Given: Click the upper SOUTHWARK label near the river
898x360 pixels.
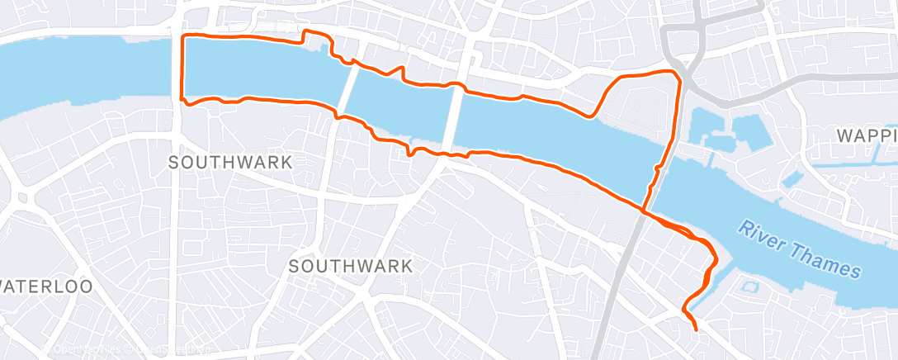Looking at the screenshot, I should point(230,162).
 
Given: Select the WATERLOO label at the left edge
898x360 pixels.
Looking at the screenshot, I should point(46,287).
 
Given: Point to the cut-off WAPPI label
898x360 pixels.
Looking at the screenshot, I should point(866,135).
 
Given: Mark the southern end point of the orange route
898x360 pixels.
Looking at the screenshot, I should point(697,329).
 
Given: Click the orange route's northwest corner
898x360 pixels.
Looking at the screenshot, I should point(183,37).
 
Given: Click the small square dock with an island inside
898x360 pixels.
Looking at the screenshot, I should point(749,287).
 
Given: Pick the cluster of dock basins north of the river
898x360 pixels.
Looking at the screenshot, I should point(726,132).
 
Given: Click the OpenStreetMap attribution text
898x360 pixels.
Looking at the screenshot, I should point(161,350).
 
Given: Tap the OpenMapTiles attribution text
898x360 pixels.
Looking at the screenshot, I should point(83,350).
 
